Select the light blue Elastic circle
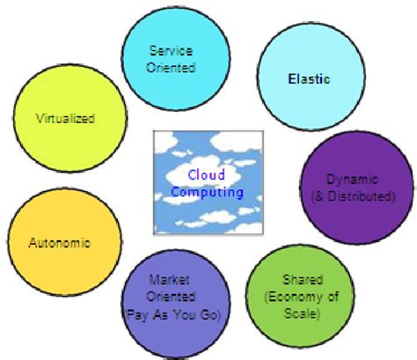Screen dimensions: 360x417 [x=309, y=79]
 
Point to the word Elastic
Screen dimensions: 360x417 [x=309, y=79]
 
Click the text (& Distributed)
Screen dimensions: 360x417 [x=359, y=196]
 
